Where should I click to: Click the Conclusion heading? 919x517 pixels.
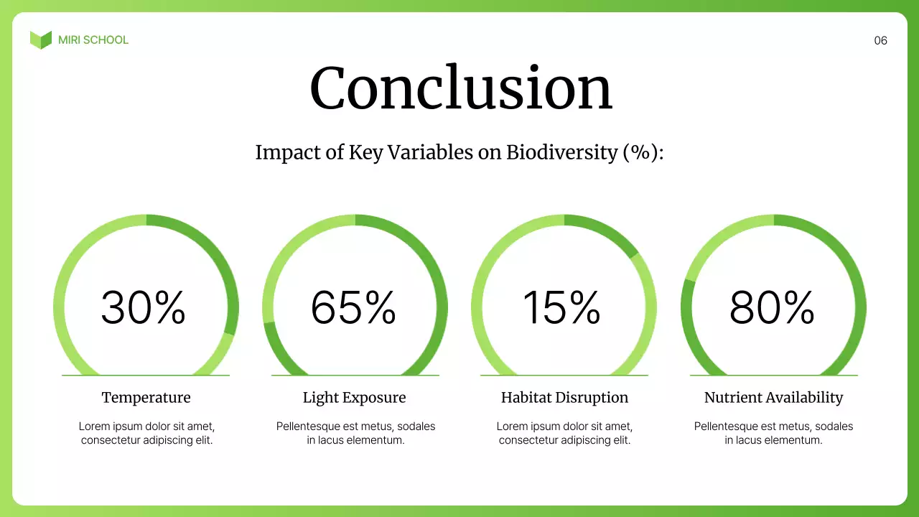pos(460,88)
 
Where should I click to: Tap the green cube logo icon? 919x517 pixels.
pos(41,40)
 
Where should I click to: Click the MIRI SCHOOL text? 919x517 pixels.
pos(93,40)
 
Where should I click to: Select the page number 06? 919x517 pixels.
pos(880,41)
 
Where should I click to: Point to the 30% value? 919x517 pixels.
pos(144,307)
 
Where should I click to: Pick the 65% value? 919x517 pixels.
pos(353,307)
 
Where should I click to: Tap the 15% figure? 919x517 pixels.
pos(562,307)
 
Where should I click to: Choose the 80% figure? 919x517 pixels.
pos(772,307)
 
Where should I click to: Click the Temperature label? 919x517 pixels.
pos(146,398)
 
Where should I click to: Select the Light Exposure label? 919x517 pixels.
pos(355,398)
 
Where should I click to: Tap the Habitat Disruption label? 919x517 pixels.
pos(564,398)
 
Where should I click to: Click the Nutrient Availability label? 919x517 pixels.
pos(773,398)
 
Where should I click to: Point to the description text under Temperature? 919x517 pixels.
pos(146,433)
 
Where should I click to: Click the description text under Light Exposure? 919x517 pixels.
pos(355,433)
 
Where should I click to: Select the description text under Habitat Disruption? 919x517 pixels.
pos(564,433)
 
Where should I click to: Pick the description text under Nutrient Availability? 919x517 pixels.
pos(773,433)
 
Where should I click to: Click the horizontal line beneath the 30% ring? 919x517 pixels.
pos(146,376)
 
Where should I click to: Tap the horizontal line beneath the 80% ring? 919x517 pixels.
pos(773,376)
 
